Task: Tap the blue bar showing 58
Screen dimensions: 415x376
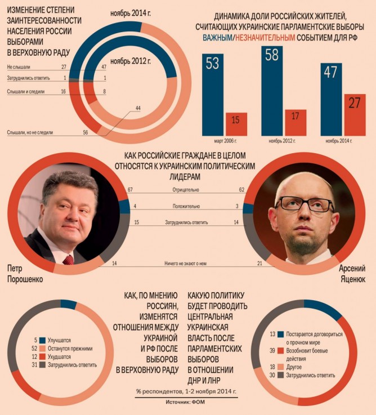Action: (x=271, y=90)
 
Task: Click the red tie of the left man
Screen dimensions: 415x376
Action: (x=68, y=260)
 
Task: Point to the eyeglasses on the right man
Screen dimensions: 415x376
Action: (x=304, y=204)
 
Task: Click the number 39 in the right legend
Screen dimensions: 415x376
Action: (x=272, y=350)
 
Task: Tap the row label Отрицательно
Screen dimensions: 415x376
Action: (x=186, y=190)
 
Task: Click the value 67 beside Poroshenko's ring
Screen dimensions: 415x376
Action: (x=130, y=190)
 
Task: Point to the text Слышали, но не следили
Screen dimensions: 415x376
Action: (x=30, y=132)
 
